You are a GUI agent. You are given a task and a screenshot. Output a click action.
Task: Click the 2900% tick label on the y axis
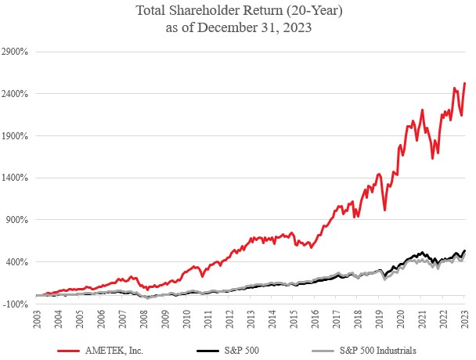[16, 52]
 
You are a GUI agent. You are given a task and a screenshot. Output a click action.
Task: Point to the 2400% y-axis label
[16, 94]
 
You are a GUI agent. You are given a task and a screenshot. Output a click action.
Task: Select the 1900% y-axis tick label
[16, 136]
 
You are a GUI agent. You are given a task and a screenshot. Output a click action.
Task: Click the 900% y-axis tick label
[17, 220]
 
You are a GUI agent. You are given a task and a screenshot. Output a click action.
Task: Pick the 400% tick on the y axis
[17, 262]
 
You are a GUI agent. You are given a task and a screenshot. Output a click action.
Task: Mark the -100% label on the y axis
[16, 304]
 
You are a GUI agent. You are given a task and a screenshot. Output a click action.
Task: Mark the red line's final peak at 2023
[465, 83]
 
